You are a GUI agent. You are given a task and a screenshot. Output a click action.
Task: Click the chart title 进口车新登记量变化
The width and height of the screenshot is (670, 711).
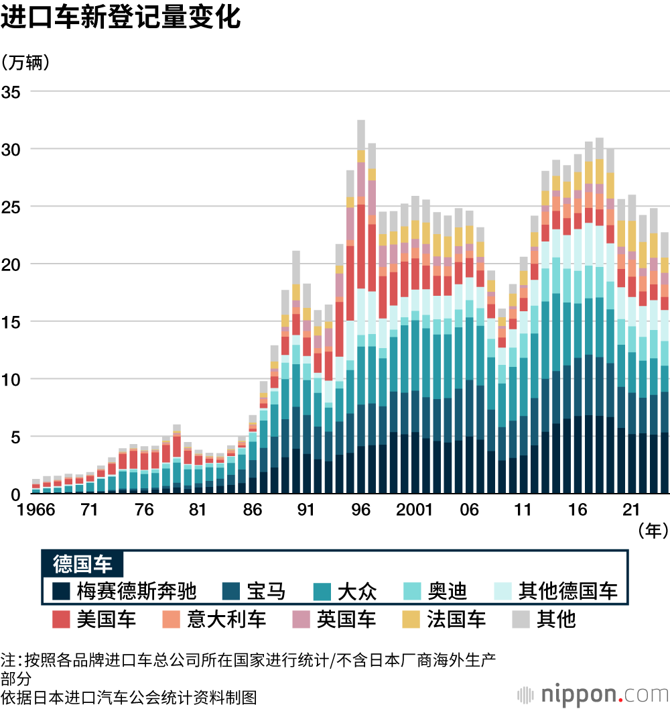point(121,18)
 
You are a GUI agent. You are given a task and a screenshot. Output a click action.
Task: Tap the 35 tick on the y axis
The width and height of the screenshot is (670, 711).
point(11,91)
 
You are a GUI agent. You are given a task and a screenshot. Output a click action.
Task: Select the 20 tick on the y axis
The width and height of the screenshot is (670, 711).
point(11,264)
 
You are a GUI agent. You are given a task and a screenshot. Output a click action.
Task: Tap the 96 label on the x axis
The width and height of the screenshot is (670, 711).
point(360,510)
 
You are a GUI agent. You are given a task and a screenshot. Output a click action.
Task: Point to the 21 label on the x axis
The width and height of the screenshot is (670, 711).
point(631,510)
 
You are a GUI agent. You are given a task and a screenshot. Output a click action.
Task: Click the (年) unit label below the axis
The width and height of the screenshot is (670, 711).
point(653,531)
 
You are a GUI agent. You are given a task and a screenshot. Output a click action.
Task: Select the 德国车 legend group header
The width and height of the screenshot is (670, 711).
point(82,563)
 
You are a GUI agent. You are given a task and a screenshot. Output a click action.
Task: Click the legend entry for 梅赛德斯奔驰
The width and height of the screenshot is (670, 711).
point(125,591)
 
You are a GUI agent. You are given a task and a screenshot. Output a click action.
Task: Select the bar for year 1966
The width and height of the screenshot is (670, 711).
point(36,487)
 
